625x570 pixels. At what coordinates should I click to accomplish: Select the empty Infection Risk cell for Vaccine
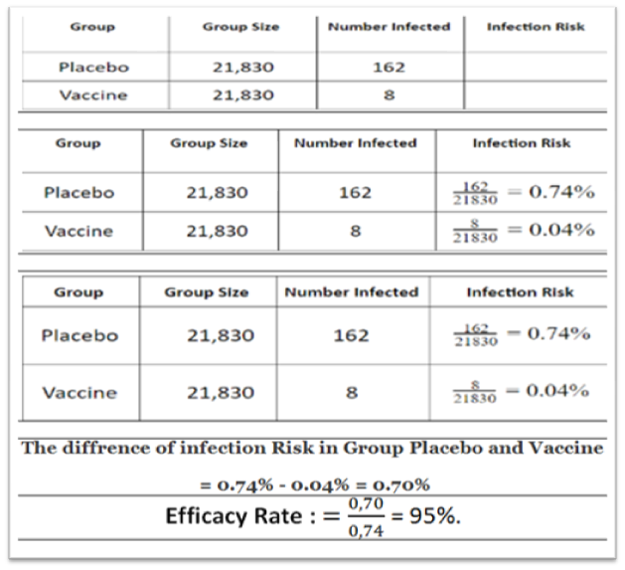535,95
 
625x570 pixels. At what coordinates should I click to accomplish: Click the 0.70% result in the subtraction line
397,483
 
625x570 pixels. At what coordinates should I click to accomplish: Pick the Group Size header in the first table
240,27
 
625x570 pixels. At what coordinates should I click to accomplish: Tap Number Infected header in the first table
389,27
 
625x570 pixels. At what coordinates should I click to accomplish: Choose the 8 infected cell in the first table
389,95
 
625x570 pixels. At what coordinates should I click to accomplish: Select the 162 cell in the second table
355,192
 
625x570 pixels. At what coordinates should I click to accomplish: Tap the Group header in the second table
78,143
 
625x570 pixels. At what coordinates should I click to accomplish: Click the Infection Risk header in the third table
520,292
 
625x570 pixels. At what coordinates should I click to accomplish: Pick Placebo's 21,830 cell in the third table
221,335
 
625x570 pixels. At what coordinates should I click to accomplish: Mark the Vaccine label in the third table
78,392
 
